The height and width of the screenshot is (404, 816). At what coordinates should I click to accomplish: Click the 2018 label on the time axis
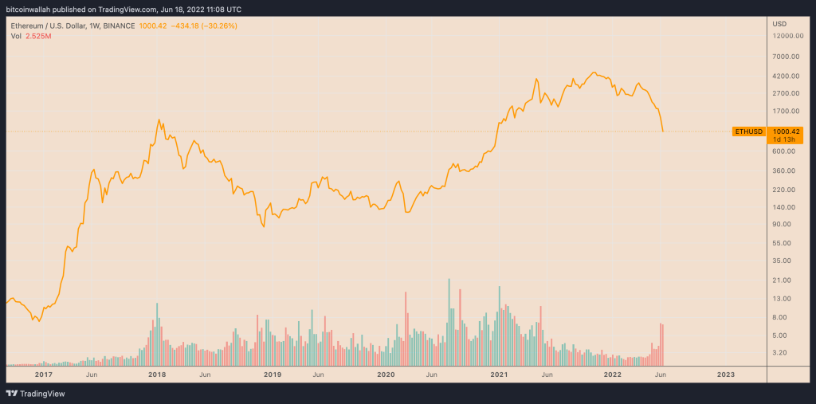(157, 374)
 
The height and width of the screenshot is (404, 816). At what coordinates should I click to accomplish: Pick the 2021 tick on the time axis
(499, 374)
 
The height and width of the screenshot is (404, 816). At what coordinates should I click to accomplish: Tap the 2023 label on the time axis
(725, 374)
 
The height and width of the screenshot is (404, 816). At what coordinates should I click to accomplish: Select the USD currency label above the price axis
(779, 24)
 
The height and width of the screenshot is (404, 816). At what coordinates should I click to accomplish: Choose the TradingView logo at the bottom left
(36, 393)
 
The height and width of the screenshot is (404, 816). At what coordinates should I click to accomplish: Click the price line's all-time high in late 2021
(594, 72)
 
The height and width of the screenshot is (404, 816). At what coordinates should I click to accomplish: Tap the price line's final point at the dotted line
(663, 131)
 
